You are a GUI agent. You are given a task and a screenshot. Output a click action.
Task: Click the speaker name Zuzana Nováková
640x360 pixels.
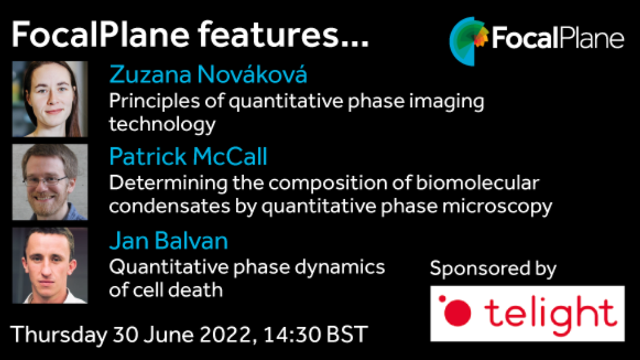point(208,75)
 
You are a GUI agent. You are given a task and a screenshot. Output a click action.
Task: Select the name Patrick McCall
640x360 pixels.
point(188,156)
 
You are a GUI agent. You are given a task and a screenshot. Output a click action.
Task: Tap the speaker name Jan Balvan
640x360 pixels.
point(168,240)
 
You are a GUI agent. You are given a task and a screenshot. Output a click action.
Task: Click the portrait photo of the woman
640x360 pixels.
point(50,99)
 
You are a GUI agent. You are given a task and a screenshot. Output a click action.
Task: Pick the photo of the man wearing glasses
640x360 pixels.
point(50,182)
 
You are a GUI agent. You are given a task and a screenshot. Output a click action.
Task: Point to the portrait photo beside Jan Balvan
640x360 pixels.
point(50,266)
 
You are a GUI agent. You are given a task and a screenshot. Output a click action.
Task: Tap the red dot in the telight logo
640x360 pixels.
point(457,313)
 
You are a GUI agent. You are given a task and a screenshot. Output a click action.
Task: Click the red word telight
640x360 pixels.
point(550,314)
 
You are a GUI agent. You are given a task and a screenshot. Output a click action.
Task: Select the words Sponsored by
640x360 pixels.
point(493,269)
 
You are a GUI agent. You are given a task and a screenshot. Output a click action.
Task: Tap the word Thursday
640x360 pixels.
point(59,335)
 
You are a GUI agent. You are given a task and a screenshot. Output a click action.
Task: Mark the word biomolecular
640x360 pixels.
point(477,183)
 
